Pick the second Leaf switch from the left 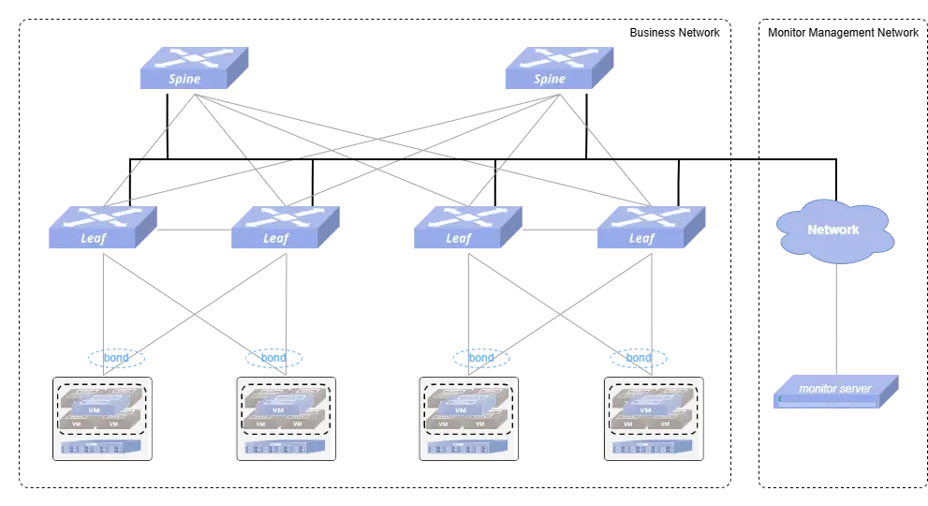coord(285,227)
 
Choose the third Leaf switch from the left coord(467,227)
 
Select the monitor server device coord(836,392)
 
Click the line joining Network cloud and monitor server coord(832,319)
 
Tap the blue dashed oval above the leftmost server coord(115,357)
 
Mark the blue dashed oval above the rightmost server coord(640,357)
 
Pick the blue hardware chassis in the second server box coord(284,449)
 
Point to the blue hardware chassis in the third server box coord(465,449)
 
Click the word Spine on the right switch coord(550,80)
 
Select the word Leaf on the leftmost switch coord(92,238)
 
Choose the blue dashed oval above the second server coord(273,357)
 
